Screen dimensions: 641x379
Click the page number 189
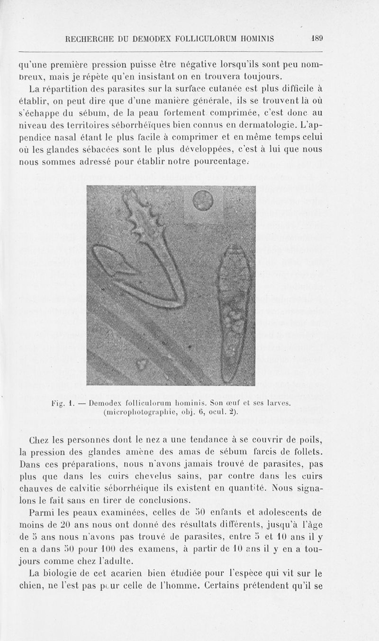pyautogui.click(x=316, y=39)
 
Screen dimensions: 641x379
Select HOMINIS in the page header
pyautogui.click(x=276, y=39)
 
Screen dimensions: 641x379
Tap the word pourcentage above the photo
pyautogui.click(x=221, y=162)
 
